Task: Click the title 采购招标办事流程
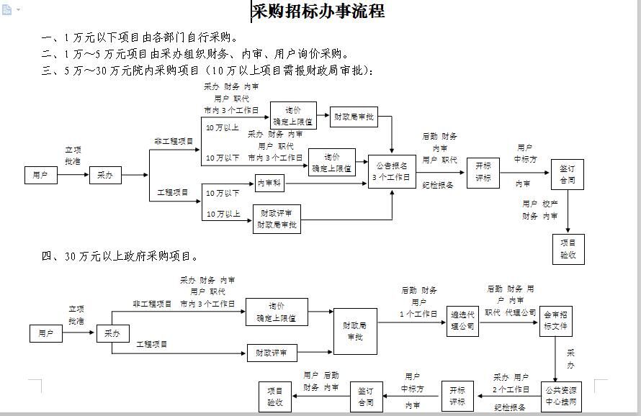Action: tap(318, 12)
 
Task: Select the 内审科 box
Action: tap(271, 184)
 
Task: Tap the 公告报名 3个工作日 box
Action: tap(392, 172)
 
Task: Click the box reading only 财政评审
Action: tap(272, 353)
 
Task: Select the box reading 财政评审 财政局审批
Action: tap(277, 220)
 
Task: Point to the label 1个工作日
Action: tap(419, 313)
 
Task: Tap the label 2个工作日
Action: tap(511, 389)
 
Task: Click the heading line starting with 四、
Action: tap(120, 256)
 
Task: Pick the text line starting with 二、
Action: tap(195, 53)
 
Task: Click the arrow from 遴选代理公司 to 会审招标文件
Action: tap(508, 321)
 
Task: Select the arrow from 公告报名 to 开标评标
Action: tap(441, 173)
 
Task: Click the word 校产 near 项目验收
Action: tap(550, 204)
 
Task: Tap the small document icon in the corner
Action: tap(7, 9)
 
